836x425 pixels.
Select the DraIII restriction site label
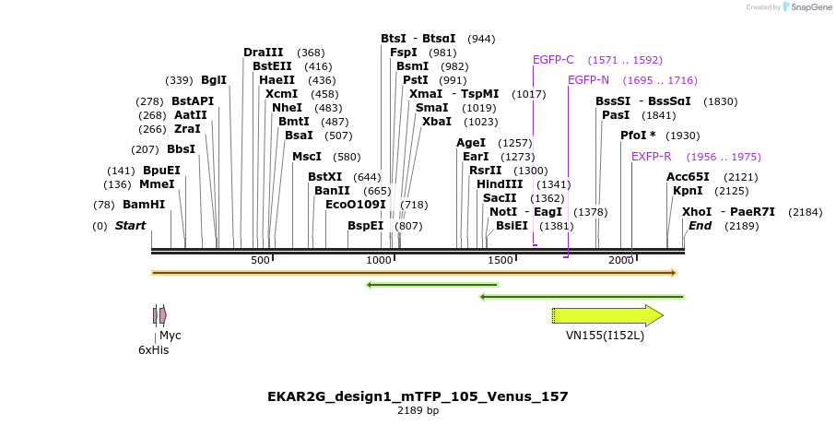click(263, 53)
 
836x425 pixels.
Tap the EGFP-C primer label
click(553, 60)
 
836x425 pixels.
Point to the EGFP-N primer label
click(588, 80)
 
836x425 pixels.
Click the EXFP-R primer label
click(651, 157)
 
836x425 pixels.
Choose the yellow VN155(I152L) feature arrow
click(607, 315)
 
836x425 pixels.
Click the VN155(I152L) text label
click(605, 336)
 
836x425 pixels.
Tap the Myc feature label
click(171, 336)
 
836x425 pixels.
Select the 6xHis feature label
click(154, 350)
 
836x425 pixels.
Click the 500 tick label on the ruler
click(260, 261)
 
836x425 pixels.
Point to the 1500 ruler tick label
click(500, 261)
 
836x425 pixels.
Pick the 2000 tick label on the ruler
click(620, 261)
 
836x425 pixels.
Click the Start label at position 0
click(130, 226)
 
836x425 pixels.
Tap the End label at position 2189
click(700, 226)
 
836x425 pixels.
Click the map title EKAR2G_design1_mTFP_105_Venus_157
click(418, 396)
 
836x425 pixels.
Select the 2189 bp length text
click(418, 411)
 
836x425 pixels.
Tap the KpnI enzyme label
click(688, 191)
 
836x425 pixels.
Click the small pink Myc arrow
click(163, 315)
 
